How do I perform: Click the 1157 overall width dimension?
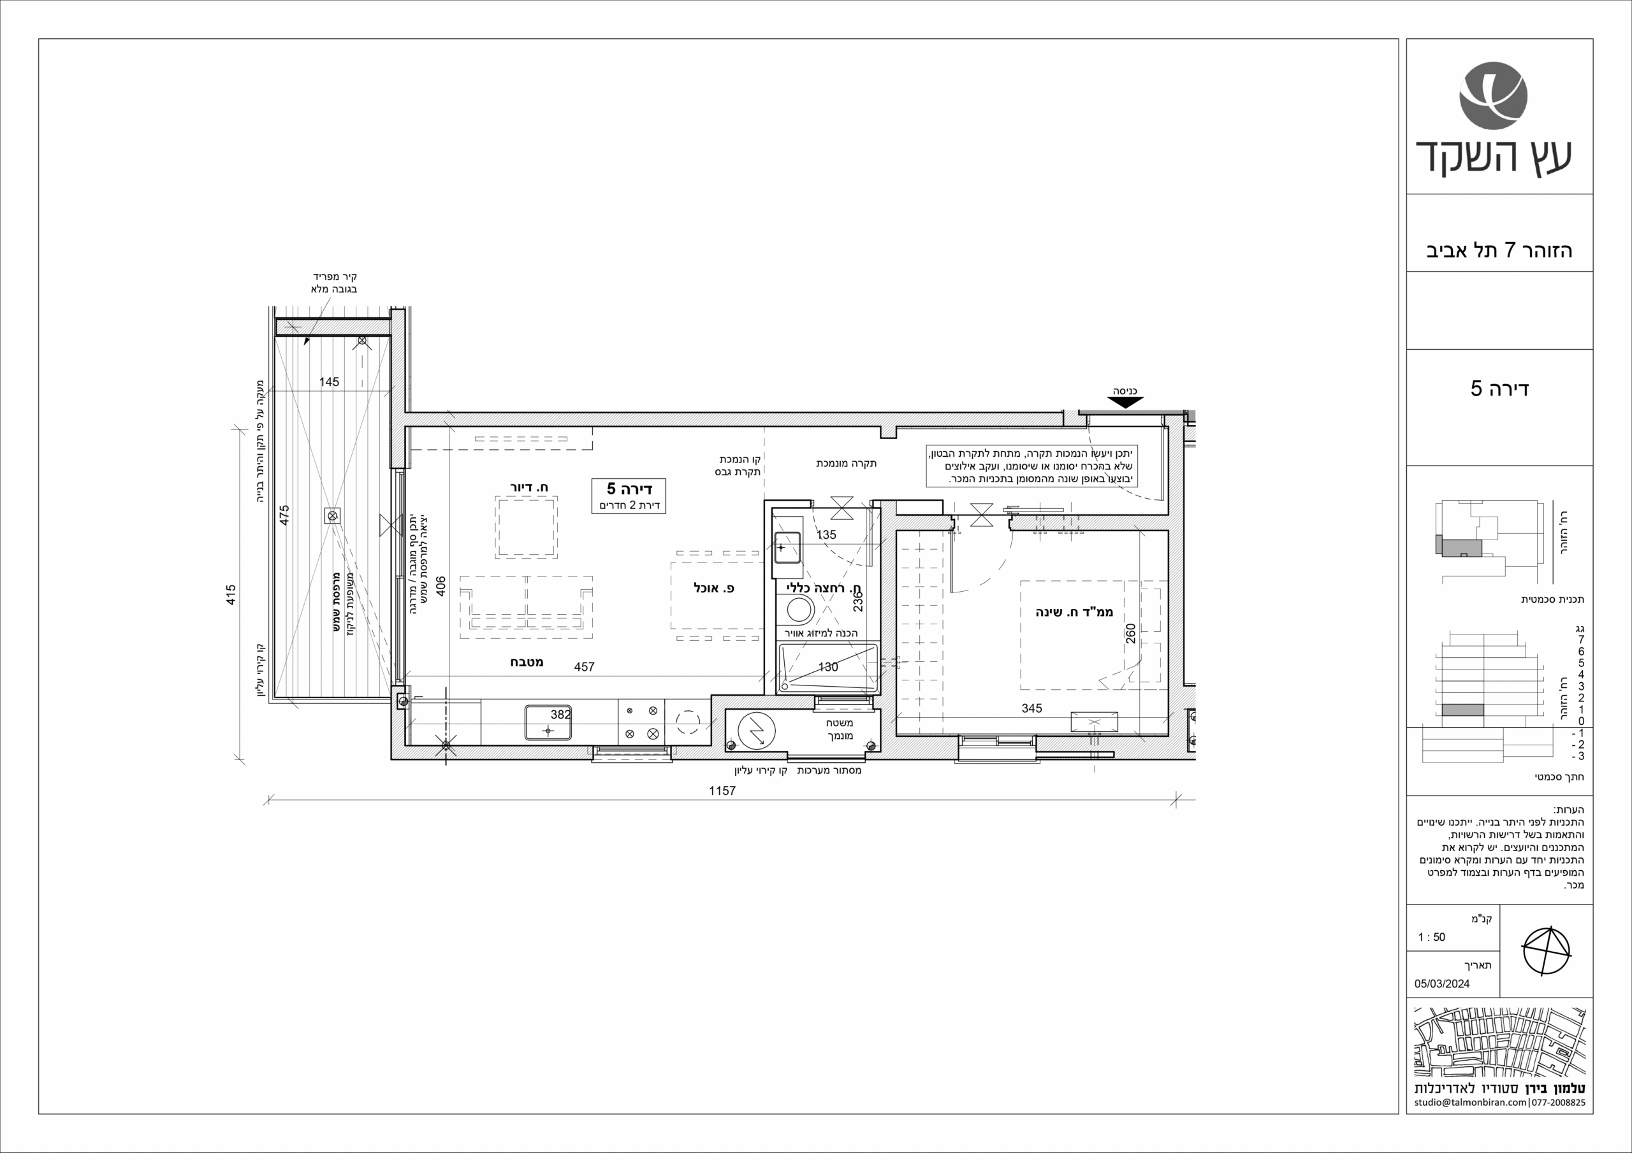(722, 791)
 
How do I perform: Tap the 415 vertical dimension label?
(230, 594)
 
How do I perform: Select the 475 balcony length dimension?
(284, 515)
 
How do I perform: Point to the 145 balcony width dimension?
(329, 382)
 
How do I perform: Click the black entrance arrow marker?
(1125, 403)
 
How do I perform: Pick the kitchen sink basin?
(548, 722)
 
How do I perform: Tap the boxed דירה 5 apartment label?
(629, 495)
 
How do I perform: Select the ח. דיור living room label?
(529, 487)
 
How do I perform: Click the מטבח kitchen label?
(527, 662)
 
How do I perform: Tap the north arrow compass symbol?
(1546, 951)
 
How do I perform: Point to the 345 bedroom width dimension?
(1031, 708)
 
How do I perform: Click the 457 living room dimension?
(585, 667)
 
